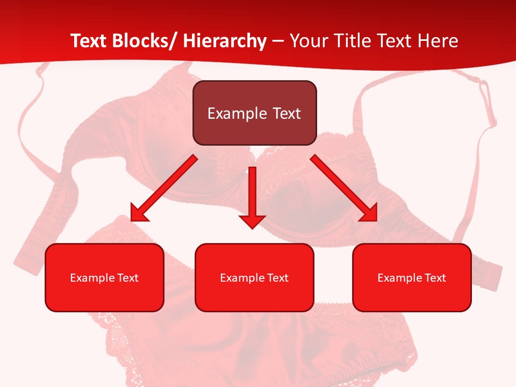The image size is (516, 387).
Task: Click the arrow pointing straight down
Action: (252, 193)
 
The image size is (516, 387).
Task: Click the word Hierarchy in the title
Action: (225, 41)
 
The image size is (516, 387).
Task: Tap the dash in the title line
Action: (278, 41)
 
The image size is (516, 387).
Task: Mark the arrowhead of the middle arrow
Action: (252, 221)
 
